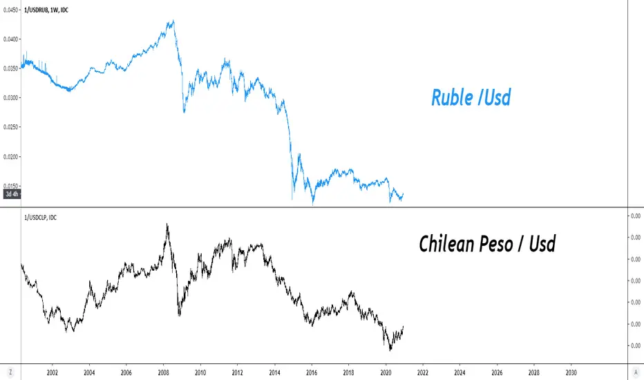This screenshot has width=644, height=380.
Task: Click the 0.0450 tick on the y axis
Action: (x=10, y=10)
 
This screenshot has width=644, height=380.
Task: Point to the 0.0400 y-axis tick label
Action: (x=10, y=39)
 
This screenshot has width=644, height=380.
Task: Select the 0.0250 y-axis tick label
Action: (x=10, y=127)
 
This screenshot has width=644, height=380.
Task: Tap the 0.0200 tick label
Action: (x=10, y=157)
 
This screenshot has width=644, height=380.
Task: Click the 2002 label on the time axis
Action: (x=52, y=372)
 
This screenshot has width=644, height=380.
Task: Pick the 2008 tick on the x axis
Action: (x=164, y=372)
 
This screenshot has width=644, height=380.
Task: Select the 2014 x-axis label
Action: (x=275, y=372)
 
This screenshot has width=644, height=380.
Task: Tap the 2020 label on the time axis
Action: (x=386, y=372)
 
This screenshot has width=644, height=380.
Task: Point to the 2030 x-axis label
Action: (x=571, y=372)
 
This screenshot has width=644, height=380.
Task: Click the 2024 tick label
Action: (x=460, y=372)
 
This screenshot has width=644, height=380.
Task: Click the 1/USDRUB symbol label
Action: (x=35, y=10)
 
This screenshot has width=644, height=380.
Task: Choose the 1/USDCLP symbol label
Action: (x=35, y=218)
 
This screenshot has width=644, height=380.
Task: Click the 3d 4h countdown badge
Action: (x=12, y=194)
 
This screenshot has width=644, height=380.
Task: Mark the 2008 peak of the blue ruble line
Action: (x=173, y=20)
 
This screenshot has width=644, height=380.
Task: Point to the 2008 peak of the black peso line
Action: (x=167, y=224)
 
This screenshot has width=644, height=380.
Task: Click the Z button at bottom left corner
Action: (x=10, y=372)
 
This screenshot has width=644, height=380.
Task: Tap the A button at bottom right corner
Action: (x=636, y=372)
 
